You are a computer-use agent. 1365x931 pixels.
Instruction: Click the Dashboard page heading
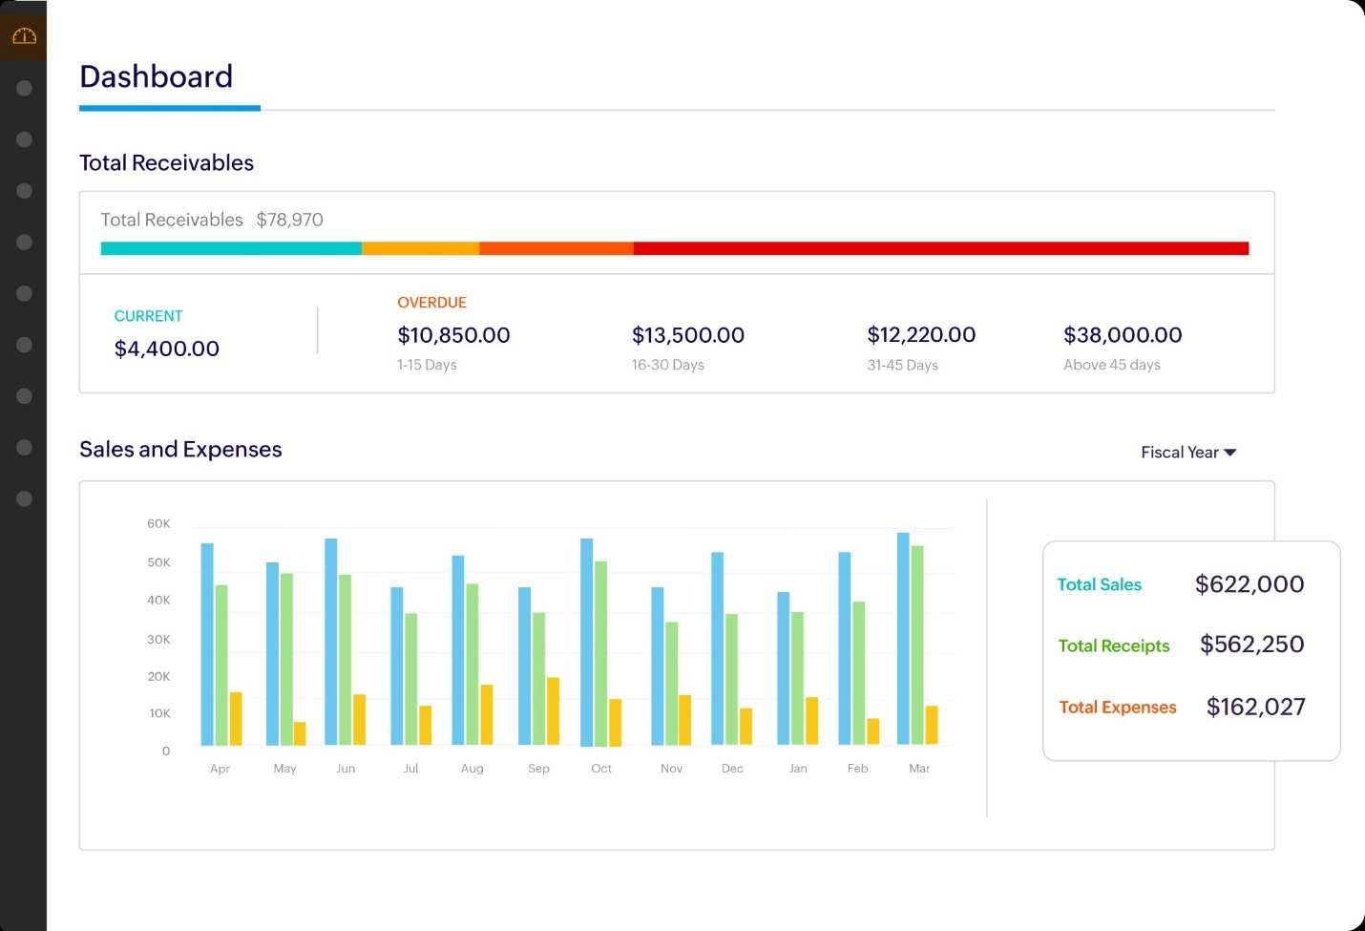(x=156, y=76)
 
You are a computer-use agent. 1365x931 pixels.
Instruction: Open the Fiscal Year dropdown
(x=1188, y=453)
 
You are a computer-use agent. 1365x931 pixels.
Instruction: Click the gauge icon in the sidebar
(x=25, y=36)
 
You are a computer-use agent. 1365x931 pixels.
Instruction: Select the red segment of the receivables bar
(x=941, y=248)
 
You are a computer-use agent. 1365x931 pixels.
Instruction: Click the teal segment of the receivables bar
(x=231, y=248)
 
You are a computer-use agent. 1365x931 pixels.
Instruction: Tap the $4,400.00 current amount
(x=166, y=349)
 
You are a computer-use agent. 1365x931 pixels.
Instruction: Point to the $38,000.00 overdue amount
(x=1123, y=335)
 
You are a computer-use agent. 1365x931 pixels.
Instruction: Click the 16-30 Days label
(x=667, y=365)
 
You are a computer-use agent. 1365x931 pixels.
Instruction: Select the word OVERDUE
(x=431, y=303)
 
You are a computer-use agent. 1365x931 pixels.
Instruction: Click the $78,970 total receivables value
(x=289, y=220)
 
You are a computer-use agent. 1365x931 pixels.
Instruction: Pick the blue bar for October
(x=586, y=642)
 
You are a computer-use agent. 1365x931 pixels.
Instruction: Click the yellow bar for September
(x=553, y=710)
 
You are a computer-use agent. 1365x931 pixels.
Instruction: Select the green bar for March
(x=917, y=645)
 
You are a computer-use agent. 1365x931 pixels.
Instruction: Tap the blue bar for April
(x=207, y=644)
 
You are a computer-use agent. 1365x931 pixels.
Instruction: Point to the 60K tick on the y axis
(x=158, y=523)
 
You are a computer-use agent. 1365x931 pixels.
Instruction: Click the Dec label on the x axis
(x=732, y=769)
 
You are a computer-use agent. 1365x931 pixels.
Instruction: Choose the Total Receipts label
(x=1113, y=645)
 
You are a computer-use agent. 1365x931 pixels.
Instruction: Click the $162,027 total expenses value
(x=1255, y=707)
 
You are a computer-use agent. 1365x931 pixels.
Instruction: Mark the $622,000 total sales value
(x=1249, y=584)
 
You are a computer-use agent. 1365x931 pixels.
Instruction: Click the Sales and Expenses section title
(x=180, y=450)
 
